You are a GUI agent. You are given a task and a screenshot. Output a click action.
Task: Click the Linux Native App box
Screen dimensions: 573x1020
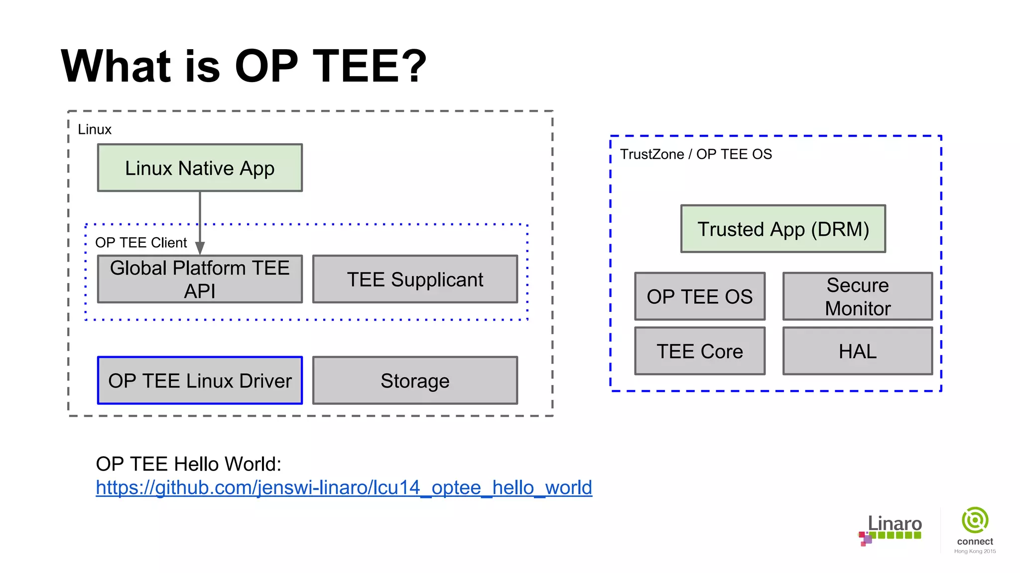[x=200, y=168]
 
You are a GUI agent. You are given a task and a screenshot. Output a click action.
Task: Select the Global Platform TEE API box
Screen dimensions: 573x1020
[x=200, y=280]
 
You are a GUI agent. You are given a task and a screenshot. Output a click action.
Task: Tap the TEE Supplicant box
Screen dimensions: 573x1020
[x=415, y=280]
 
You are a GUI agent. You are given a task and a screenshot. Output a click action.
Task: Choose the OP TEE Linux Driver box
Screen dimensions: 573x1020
[x=200, y=381]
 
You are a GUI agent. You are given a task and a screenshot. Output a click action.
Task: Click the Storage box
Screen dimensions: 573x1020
[x=415, y=381]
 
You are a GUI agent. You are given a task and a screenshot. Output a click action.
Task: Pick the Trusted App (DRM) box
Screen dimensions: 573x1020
[x=783, y=229]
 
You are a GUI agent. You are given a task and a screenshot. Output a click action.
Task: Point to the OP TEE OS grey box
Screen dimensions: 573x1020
[x=699, y=296]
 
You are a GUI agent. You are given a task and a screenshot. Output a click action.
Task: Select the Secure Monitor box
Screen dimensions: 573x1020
[x=857, y=296]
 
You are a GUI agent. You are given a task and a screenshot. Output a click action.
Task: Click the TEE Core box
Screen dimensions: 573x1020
[x=699, y=351]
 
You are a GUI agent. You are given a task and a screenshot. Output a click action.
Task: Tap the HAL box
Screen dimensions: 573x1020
[x=857, y=351]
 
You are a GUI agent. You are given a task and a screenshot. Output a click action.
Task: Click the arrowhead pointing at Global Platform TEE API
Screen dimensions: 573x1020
[x=200, y=248]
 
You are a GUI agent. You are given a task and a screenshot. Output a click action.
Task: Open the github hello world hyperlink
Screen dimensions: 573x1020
[x=344, y=487]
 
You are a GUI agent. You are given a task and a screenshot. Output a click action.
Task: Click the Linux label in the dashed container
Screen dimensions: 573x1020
[x=95, y=129]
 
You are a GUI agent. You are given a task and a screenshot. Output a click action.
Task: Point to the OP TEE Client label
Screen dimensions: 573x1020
[x=141, y=243]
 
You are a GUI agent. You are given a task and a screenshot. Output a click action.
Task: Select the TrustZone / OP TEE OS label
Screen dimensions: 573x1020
[x=695, y=154]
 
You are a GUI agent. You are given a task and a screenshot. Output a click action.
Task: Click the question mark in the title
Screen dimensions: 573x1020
[x=413, y=66]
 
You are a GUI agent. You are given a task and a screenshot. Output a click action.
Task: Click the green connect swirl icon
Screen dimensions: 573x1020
[x=975, y=520]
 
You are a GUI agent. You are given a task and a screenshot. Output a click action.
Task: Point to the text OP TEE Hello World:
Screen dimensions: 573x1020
[x=188, y=464]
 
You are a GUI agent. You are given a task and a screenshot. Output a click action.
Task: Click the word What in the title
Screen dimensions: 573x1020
[x=116, y=66]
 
